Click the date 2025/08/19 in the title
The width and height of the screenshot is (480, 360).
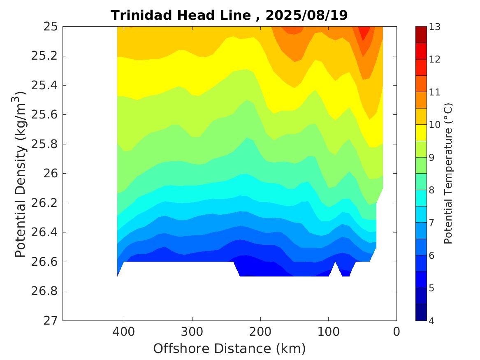click(x=307, y=15)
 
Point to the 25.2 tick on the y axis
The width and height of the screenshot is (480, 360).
click(x=46, y=56)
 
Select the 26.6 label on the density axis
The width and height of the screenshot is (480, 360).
click(x=46, y=262)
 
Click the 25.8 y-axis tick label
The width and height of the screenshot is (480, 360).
click(x=46, y=144)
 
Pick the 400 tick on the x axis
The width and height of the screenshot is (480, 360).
click(x=124, y=331)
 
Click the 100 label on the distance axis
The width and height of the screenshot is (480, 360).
click(x=328, y=331)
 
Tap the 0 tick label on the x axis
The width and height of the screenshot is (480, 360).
click(x=397, y=331)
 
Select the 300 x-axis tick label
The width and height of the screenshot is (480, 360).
click(x=192, y=331)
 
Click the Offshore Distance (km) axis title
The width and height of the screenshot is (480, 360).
click(x=230, y=349)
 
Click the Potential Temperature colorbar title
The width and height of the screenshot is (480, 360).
click(x=448, y=174)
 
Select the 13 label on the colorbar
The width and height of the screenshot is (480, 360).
click(x=435, y=27)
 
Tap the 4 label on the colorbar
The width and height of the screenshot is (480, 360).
click(x=432, y=321)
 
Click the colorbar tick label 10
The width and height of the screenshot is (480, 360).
click(x=435, y=125)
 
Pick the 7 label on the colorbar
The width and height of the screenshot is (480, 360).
click(x=432, y=223)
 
